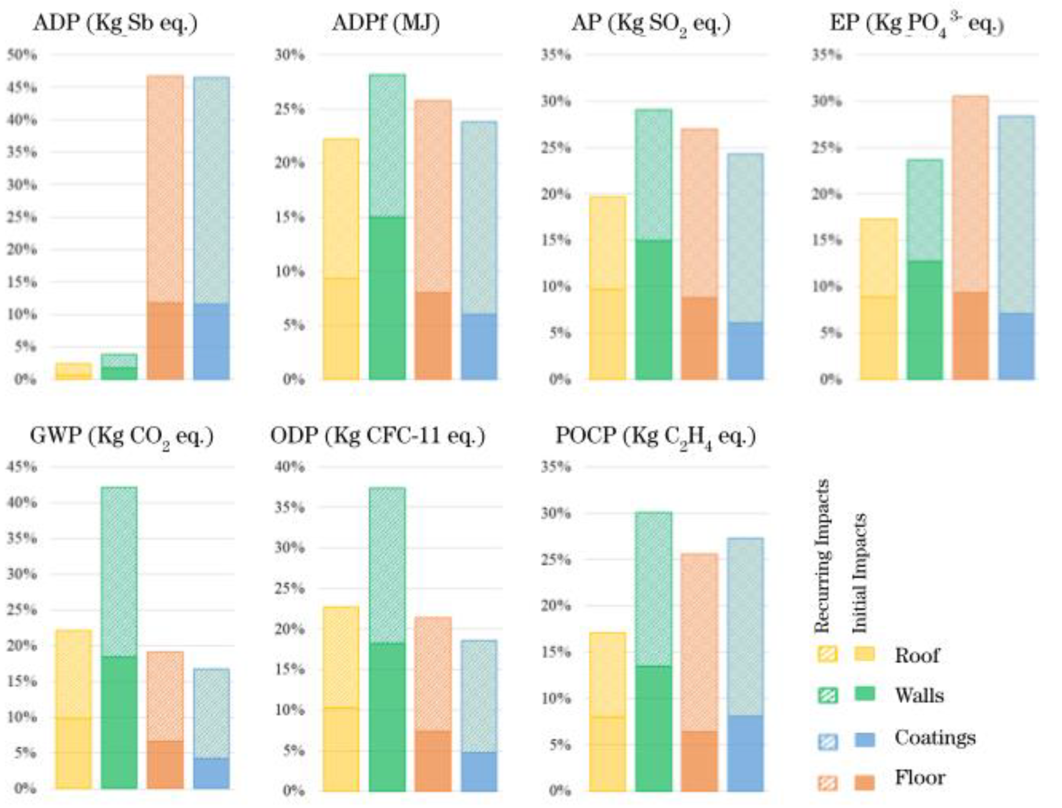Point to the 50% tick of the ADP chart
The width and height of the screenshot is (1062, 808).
pyautogui.click(x=22, y=55)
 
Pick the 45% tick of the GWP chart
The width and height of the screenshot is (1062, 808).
pyautogui.click(x=22, y=467)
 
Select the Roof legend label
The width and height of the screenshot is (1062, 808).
pyautogui.click(x=916, y=655)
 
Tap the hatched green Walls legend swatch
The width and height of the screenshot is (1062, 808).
pyautogui.click(x=827, y=696)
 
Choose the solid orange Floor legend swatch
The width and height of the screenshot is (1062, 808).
pyautogui.click(x=865, y=783)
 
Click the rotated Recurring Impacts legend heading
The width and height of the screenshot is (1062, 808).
pyautogui.click(x=822, y=556)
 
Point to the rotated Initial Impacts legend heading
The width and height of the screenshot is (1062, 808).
pyautogui.click(x=860, y=573)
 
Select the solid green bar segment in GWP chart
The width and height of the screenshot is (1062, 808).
pyautogui.click(x=119, y=722)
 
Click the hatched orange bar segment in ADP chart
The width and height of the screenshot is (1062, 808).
pyautogui.click(x=165, y=189)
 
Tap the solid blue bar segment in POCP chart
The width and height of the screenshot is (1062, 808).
pyautogui.click(x=746, y=753)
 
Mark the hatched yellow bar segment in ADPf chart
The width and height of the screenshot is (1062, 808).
pyautogui.click(x=341, y=208)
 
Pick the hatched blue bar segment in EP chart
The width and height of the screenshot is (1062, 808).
pyautogui.click(x=1016, y=214)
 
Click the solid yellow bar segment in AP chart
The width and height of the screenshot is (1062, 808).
pyautogui.click(x=608, y=334)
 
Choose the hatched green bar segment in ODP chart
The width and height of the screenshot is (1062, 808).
pyautogui.click(x=387, y=565)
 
